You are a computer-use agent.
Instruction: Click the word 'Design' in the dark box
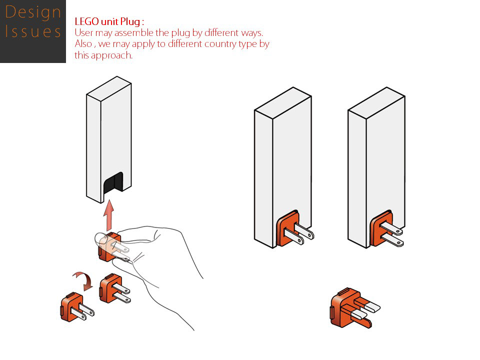click(x=32, y=12)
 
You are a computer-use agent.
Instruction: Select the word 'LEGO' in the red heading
click(x=85, y=22)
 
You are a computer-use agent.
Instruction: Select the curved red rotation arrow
click(x=82, y=279)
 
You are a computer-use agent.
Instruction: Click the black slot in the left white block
click(x=112, y=185)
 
